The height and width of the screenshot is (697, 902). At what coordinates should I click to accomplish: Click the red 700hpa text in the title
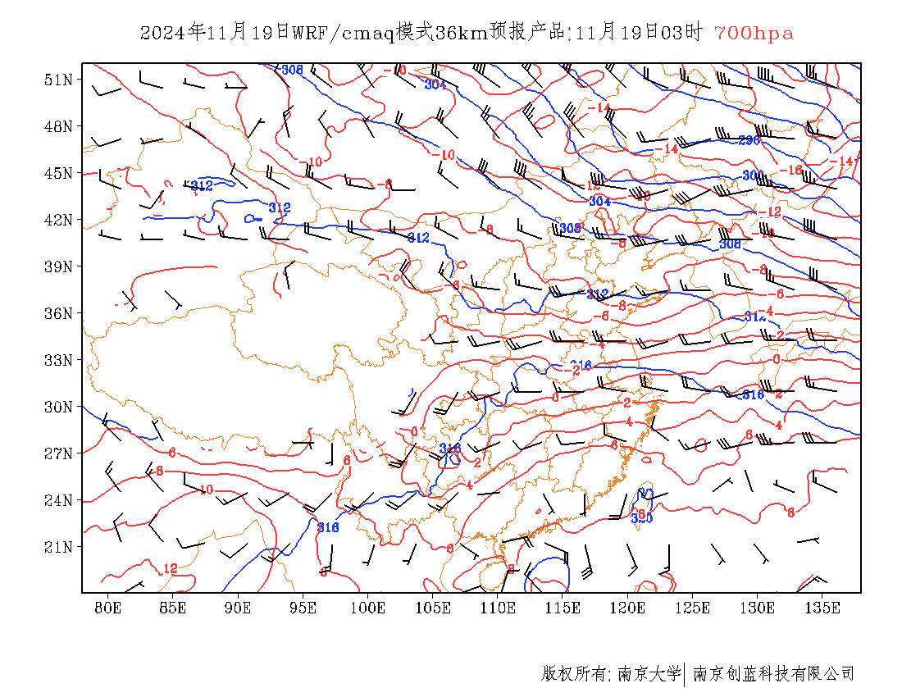tap(754, 33)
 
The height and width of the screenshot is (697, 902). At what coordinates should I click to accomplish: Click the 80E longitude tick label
tap(108, 608)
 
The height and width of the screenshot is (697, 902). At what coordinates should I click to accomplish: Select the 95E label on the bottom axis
tap(303, 608)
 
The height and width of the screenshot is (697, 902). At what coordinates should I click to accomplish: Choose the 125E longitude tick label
tap(693, 608)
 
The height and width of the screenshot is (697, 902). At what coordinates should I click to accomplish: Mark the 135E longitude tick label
tap(822, 608)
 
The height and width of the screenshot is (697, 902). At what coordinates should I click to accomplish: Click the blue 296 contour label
tap(749, 140)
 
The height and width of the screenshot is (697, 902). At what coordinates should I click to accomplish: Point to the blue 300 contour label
tap(752, 175)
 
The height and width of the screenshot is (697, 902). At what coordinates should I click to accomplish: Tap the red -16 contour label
tap(790, 170)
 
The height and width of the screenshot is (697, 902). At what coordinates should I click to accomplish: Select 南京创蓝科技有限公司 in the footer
tap(774, 674)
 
